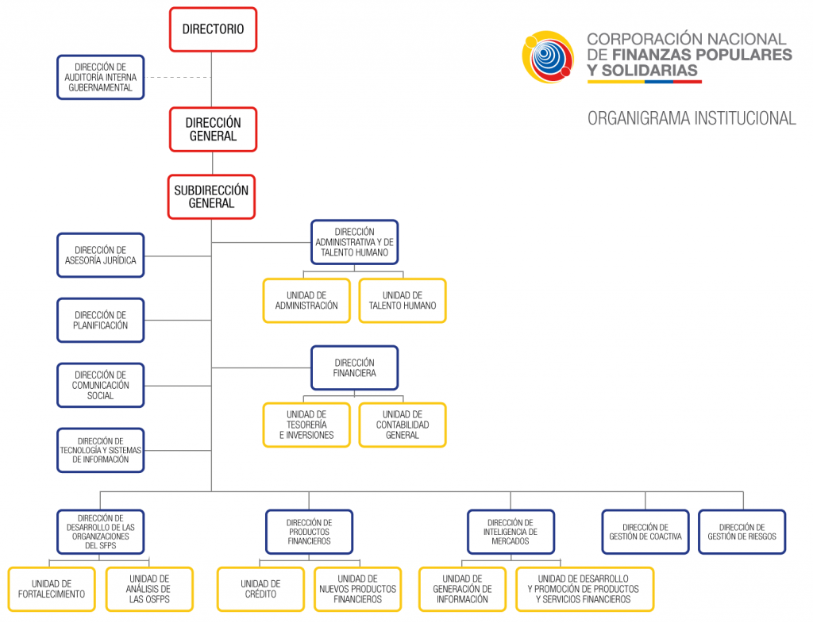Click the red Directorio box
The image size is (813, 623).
tap(213, 29)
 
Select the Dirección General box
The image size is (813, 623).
tap(213, 129)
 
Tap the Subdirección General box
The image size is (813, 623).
tap(211, 197)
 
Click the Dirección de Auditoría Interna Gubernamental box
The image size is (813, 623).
tap(100, 77)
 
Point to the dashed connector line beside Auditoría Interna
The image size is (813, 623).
tap(178, 77)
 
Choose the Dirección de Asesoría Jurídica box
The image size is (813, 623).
tap(100, 255)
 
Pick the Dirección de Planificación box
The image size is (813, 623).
tap(100, 320)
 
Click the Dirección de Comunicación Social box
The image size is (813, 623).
tap(100, 385)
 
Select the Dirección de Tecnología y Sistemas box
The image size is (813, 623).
tap(100, 450)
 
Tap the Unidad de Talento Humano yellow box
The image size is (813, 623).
tap(403, 300)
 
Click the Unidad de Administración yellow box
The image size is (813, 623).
tap(306, 300)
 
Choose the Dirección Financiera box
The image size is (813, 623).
tap(354, 367)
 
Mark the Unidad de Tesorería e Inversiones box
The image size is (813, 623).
tap(306, 425)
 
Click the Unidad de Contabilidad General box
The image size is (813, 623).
tap(403, 425)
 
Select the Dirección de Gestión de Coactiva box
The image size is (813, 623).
tap(645, 532)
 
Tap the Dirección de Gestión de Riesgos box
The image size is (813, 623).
tap(742, 532)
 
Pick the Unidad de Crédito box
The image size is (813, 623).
tap(260, 589)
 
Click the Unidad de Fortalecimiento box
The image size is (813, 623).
tap(52, 589)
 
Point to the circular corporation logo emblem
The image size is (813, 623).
tap(548, 57)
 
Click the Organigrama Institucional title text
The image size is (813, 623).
tap(691, 118)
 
